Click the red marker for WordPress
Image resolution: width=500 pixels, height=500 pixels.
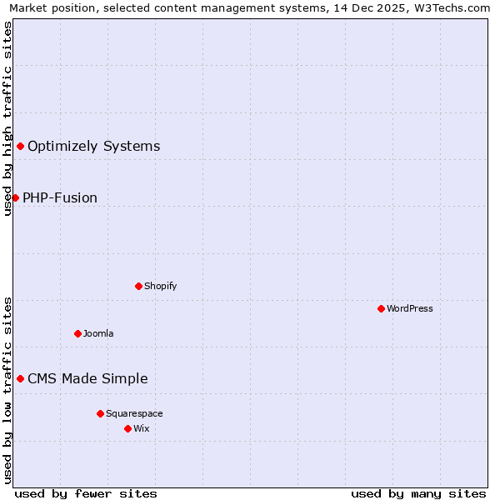381,308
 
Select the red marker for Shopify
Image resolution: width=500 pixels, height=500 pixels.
138,286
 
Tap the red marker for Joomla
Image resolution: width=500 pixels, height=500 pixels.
77,333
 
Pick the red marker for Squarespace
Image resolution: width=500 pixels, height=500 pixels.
100,413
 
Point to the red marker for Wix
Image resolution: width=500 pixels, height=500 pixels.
127,428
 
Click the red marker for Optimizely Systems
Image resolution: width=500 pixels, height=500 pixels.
20,147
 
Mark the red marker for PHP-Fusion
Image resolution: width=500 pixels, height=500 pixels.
15,197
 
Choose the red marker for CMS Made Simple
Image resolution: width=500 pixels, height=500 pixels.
20,378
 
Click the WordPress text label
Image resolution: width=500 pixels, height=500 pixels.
410,308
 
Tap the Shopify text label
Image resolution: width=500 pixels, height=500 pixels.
161,286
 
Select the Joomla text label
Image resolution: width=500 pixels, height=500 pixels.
98,333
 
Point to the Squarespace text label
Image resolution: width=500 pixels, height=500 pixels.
134,413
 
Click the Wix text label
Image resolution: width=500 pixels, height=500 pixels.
141,428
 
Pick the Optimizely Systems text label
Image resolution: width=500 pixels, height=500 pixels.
94,147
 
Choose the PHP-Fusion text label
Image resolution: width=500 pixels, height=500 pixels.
60,197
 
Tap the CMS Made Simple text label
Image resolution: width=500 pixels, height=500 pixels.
87,378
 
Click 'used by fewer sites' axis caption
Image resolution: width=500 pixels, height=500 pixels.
86,493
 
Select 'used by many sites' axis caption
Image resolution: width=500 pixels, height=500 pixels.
418,493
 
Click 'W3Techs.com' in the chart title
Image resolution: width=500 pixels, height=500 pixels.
454,8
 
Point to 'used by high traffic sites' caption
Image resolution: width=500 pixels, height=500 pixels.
8,118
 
